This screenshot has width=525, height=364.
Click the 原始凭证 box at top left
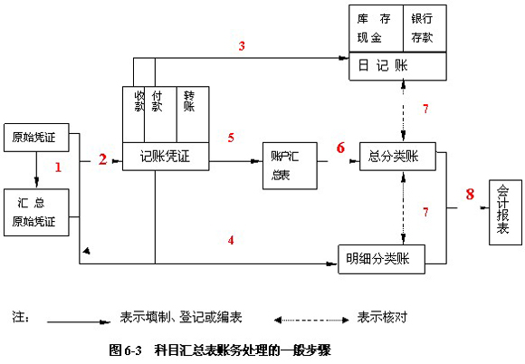pos(36,138)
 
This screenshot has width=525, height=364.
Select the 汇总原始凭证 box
pos(36,212)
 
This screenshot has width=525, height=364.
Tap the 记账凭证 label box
pos(166,157)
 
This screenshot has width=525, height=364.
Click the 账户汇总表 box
pos(290,166)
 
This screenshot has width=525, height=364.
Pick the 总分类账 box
pos(397,157)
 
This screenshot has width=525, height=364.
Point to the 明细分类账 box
pos(381,259)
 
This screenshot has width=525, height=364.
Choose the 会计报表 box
pos(506,212)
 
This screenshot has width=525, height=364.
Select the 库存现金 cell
pos(376,28)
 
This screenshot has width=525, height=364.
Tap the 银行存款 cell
pos(425,28)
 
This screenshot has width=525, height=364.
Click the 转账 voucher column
pos(193,114)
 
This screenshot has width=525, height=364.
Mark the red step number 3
pos(242,46)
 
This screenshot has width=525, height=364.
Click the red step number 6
pos(340,148)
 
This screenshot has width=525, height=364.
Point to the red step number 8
pos(470,194)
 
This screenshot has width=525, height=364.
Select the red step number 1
pos(58,168)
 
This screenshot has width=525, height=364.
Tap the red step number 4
pos(231,240)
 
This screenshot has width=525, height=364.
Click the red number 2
pos(103,159)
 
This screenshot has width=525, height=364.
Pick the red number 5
pos(231,138)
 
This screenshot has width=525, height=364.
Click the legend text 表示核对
pos(382,317)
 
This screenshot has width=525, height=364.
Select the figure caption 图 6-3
pos(125,350)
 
